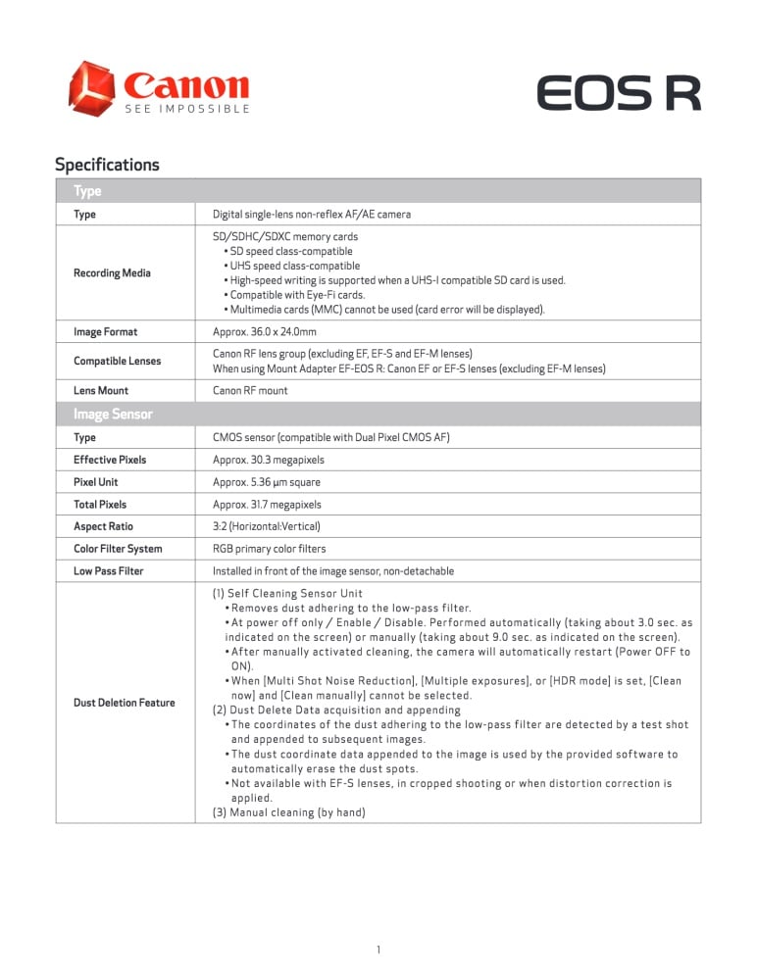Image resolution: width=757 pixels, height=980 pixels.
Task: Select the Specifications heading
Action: click(107, 165)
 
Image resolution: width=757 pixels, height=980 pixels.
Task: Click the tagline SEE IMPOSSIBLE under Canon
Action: click(187, 109)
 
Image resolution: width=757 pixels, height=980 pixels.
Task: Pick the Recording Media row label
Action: click(112, 273)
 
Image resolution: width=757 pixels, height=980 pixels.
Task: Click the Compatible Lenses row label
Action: click(117, 361)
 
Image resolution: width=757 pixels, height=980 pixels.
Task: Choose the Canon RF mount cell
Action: click(250, 391)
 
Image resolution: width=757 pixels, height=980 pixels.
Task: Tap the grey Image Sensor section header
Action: click(113, 415)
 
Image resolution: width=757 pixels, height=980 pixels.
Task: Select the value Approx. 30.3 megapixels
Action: click(269, 460)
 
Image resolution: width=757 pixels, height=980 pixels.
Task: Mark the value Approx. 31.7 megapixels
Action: click(268, 505)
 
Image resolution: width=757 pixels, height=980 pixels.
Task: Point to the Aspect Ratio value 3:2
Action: click(267, 526)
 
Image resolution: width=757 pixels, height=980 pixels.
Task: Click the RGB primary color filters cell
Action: click(270, 549)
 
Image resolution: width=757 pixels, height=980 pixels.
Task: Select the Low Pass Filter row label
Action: click(108, 571)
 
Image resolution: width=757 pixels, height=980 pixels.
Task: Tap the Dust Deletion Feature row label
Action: click(124, 703)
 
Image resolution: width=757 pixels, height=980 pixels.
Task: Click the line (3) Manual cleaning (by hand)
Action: click(289, 812)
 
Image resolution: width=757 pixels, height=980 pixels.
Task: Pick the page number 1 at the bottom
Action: click(378, 950)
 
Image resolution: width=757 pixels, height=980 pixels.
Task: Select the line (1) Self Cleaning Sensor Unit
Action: click(287, 594)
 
